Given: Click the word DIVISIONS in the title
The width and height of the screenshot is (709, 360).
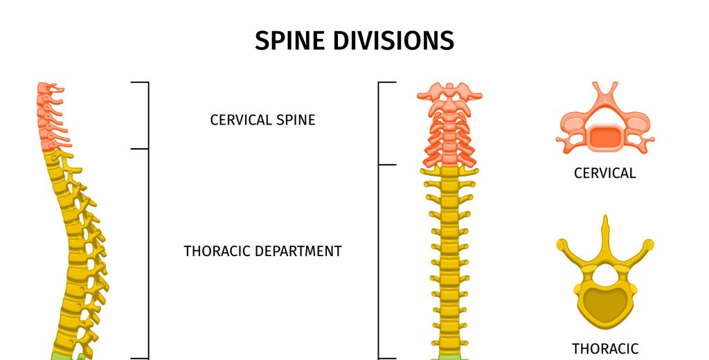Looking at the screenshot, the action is coord(393,41).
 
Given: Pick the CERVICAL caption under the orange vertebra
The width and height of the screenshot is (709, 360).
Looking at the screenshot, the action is coord(605,173).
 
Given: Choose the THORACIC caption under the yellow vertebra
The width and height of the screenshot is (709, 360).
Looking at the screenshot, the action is coord(605,349).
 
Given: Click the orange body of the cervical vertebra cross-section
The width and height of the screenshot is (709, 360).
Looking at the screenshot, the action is coord(605,138).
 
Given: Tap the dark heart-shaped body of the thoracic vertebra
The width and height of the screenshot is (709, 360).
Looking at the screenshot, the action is coord(604,304).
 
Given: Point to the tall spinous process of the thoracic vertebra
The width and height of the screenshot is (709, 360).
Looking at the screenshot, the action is coord(605,237).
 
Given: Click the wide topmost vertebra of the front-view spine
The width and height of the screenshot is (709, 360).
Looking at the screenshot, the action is coord(449,93).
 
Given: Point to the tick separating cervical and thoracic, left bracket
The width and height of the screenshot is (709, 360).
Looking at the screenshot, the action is coord(140,149).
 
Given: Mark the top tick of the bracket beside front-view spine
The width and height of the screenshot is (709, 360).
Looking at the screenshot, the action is coord(387,82).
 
